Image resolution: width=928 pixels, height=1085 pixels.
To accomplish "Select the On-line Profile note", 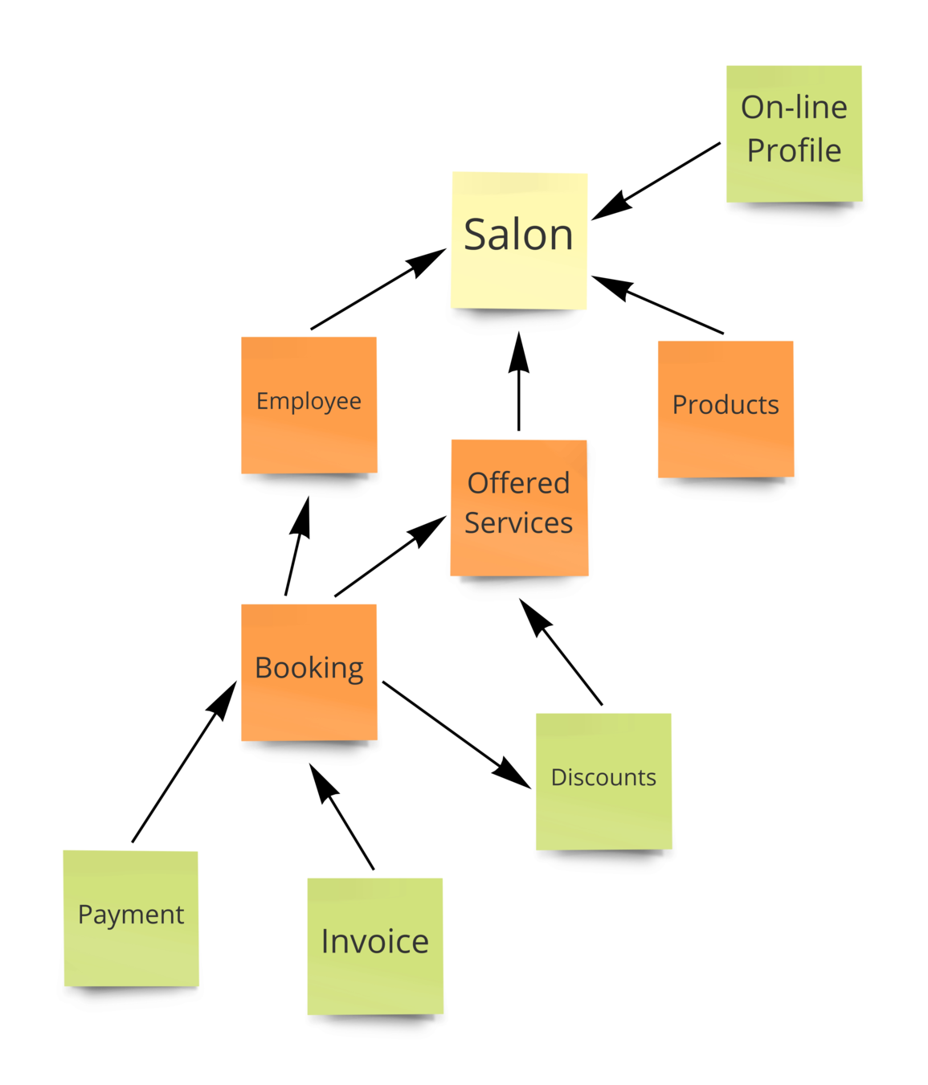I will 794,133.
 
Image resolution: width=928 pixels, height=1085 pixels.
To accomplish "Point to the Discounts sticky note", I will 603,780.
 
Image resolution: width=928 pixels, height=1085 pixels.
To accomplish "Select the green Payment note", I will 131,918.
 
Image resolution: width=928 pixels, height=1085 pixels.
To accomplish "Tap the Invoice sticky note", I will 375,945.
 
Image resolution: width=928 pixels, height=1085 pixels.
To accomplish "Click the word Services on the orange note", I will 519,523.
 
